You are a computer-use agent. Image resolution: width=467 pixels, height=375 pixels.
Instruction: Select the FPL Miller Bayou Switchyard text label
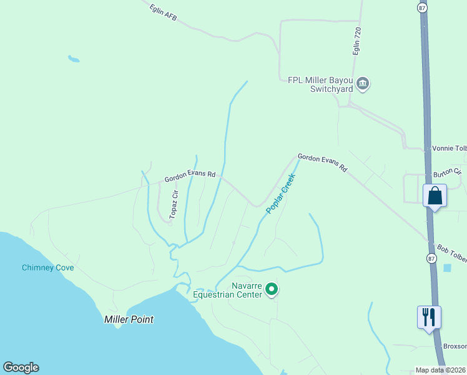tap(320, 84)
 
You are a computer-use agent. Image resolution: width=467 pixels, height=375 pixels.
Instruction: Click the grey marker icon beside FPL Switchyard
tap(363, 84)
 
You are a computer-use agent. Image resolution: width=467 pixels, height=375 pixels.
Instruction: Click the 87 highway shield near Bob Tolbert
tap(431, 258)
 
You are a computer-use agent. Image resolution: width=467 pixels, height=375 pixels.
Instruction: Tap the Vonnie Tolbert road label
tap(449, 149)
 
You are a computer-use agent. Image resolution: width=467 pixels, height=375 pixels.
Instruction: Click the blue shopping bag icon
tap(435, 196)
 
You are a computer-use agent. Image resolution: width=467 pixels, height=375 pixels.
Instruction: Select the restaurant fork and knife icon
tap(429, 317)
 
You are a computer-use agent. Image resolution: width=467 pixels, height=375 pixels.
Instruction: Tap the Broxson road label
tap(455, 346)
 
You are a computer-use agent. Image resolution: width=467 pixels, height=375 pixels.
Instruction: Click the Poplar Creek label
tap(280, 194)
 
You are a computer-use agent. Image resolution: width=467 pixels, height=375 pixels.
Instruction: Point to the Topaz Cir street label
tap(175, 204)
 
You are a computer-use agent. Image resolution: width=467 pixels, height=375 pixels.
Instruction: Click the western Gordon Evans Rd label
tap(190, 177)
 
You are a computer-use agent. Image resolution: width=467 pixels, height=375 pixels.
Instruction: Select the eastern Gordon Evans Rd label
tap(322, 163)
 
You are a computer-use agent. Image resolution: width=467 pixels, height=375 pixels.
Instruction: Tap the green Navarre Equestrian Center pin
tap(272, 289)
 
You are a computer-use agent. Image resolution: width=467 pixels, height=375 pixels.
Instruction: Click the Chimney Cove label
tap(48, 268)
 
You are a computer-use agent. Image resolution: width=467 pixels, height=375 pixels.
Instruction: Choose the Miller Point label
tap(128, 319)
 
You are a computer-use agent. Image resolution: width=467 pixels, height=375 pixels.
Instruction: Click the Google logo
tap(21, 367)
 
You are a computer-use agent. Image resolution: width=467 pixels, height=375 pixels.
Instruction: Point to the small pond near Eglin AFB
tap(74, 59)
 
